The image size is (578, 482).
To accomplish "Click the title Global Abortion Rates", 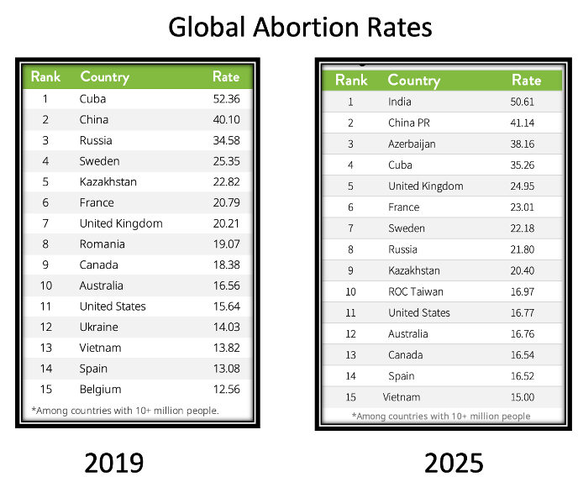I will pos(300,28).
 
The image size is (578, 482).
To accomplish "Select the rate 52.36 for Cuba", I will pos(226,99).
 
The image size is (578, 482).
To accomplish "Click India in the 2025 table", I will pos(400,102).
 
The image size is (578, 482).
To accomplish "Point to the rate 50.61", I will pos(526,102).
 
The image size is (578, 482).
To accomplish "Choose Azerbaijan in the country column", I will pos(412,144).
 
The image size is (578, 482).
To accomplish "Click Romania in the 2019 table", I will pos(102,244).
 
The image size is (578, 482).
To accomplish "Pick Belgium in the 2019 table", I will pos(100,390).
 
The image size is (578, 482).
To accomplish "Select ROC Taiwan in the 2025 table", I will pos(415,291).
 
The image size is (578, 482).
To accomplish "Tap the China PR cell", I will pos(409,123).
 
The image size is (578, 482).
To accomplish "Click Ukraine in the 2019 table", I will pos(98,327).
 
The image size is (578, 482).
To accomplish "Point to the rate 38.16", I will pos(526,144).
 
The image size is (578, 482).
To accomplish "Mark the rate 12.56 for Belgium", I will pos(226,390).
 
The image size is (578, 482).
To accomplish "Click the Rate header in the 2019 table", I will pos(226,76).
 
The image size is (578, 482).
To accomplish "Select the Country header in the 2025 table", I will pos(413,81).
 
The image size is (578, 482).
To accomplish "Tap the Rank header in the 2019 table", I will pos(45,76).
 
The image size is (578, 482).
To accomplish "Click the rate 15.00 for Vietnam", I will pos(526,396).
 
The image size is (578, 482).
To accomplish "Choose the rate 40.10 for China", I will pos(226,120).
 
